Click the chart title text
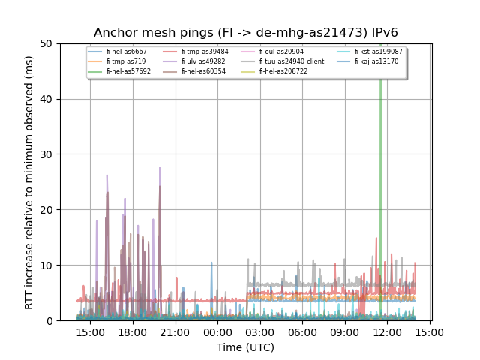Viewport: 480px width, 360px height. click(246, 33)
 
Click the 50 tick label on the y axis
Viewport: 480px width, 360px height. click(47, 43)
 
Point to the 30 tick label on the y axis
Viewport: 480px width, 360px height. click(47, 154)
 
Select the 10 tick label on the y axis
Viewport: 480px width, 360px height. click(47, 265)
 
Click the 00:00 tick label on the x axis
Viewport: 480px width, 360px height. click(217, 332)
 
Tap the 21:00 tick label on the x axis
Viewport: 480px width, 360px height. click(175, 332)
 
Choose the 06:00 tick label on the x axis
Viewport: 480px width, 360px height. click(302, 332)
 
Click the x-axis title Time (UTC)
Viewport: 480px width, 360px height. click(246, 347)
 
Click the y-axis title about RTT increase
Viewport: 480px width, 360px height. click(29, 182)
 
